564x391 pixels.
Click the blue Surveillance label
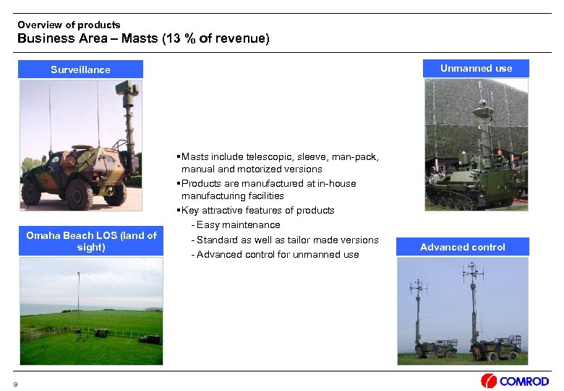[x=80, y=70]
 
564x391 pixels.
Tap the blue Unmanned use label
[x=476, y=68]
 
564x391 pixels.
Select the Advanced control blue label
[x=462, y=247]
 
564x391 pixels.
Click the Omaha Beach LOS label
[x=91, y=241]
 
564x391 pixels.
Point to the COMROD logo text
[x=524, y=381]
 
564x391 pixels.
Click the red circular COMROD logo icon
[x=489, y=381]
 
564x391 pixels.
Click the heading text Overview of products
[x=69, y=25]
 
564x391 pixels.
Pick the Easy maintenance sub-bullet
[x=238, y=225]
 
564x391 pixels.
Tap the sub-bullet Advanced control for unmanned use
[x=278, y=254]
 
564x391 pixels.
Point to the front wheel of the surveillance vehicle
[x=80, y=194]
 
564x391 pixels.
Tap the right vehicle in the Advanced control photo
[x=495, y=347]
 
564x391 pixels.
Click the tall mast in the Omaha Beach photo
[x=78, y=300]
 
